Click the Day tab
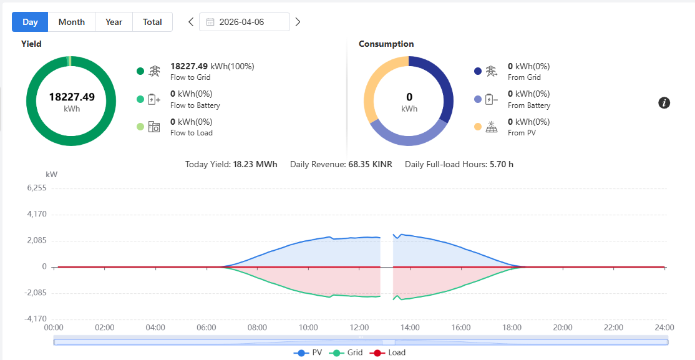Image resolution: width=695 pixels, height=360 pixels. tap(30, 22)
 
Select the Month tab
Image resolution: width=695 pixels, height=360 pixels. tap(71, 22)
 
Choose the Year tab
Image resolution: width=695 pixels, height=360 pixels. tap(114, 22)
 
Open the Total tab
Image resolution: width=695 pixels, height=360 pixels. tap(152, 22)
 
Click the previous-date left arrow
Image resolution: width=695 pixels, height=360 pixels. tap(191, 22)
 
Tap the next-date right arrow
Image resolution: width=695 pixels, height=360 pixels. tap(298, 22)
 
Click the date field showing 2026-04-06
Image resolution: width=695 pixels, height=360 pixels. tap(245, 22)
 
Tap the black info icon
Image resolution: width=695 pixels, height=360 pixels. tap(664, 104)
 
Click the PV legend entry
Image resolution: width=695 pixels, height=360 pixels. tap(308, 353)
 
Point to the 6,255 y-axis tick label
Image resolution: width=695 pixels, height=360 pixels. tap(37, 188)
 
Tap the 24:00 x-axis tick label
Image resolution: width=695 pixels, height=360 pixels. tap(664, 328)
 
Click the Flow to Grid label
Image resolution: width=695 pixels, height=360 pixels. tap(190, 77)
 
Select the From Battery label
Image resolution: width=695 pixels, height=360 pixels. tap(529, 105)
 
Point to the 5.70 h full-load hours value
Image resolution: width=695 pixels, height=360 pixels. tap(502, 165)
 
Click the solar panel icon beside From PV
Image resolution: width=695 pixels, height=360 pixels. tap(491, 127)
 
